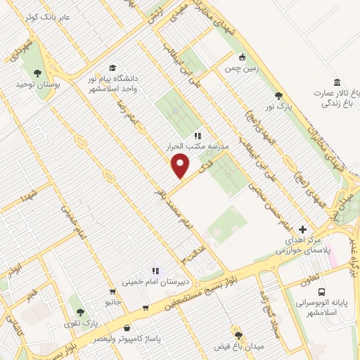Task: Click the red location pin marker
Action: coord(181,166)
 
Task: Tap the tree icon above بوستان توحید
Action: coord(37,71)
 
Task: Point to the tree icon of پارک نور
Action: coord(279,96)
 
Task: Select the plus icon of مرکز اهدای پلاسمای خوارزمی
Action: coord(303,229)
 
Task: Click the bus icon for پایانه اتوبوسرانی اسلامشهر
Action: coord(321,292)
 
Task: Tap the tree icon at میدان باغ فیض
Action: coord(238,335)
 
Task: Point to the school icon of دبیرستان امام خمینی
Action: coord(155,270)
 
